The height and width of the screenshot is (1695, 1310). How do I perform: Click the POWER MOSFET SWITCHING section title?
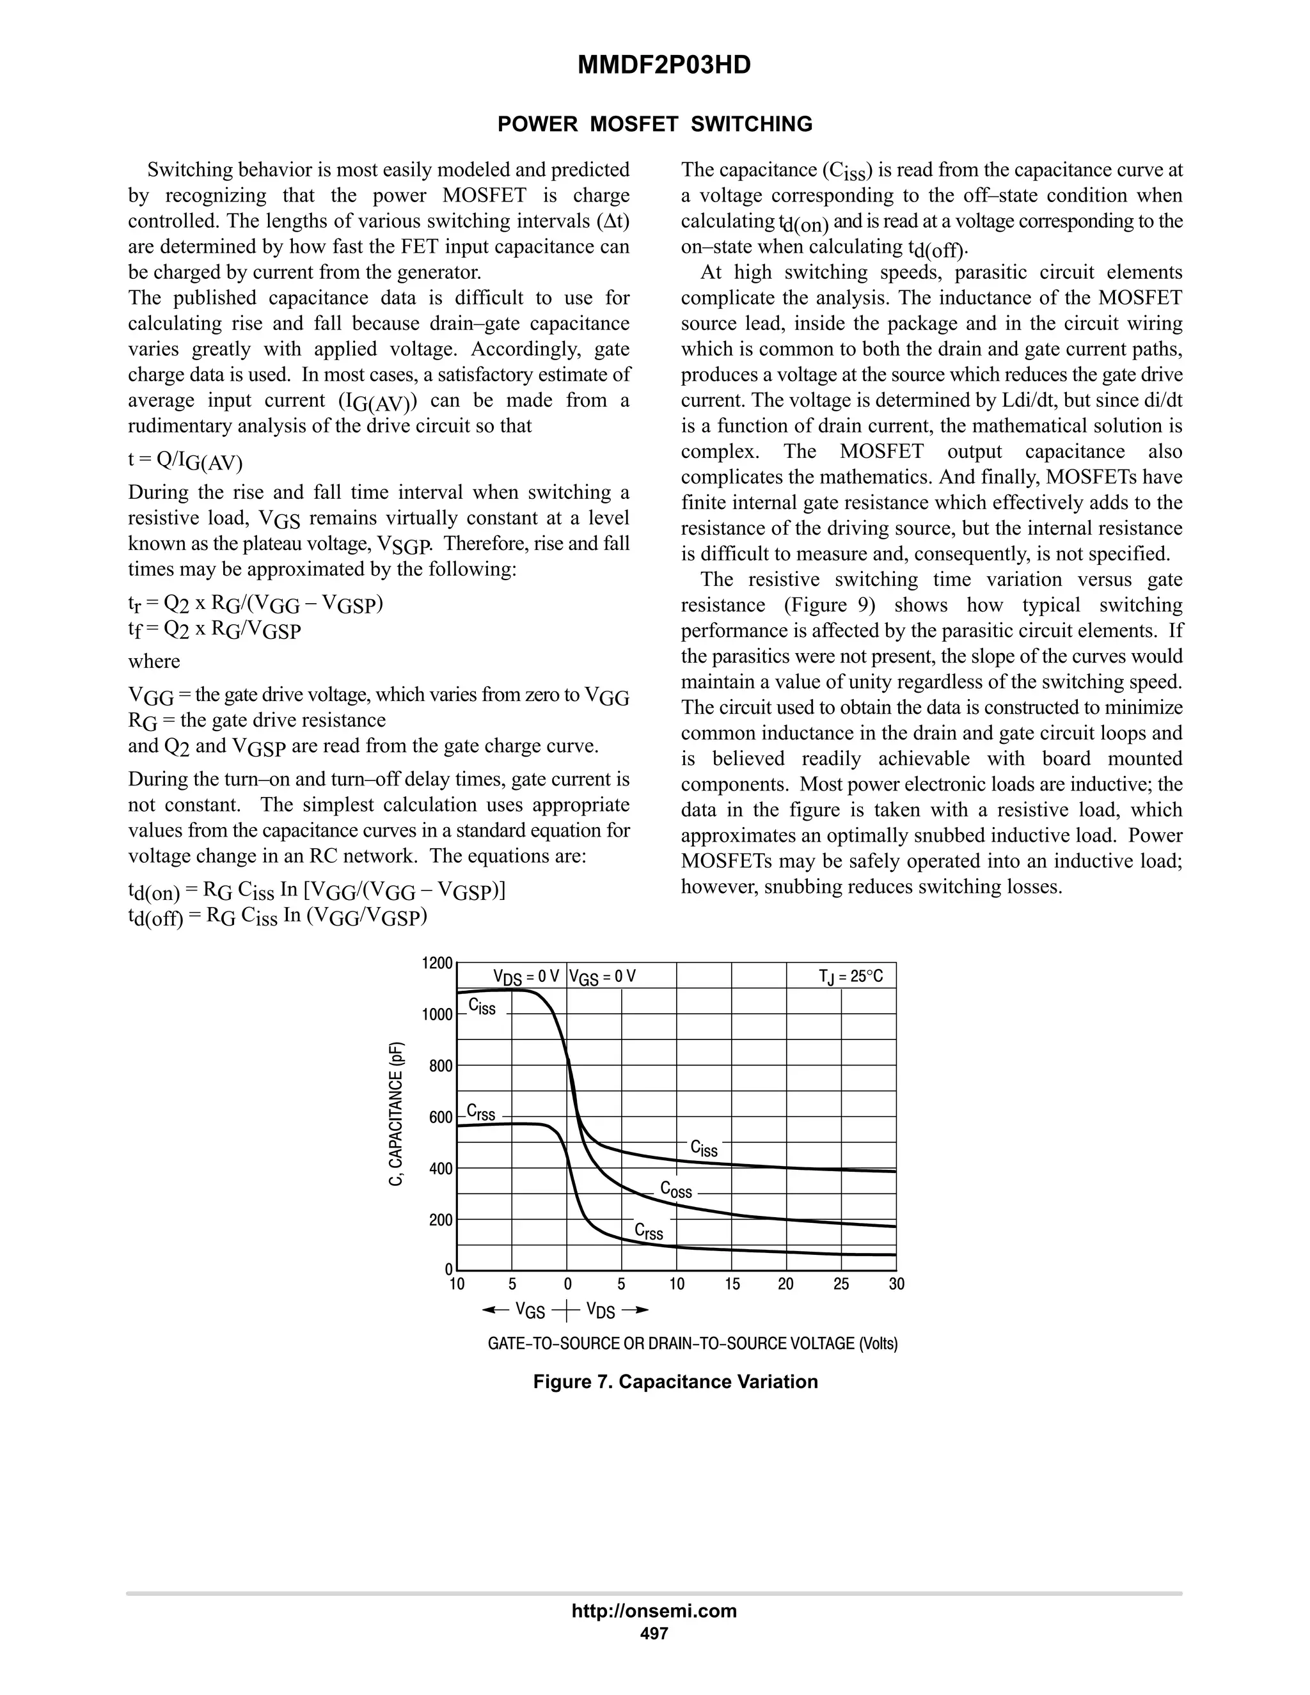point(654,124)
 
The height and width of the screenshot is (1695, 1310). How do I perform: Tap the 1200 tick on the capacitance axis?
point(437,963)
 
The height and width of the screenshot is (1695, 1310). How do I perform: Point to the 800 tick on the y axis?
point(441,1066)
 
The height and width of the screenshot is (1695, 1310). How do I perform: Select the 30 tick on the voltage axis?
point(896,1284)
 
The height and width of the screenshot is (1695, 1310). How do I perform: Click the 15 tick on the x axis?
point(732,1284)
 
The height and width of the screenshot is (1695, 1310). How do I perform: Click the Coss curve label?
point(676,1189)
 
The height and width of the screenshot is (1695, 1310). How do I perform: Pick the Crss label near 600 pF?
point(480,1113)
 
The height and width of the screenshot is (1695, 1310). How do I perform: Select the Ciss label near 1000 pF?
point(482,1007)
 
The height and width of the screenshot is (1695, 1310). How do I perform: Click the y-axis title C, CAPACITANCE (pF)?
point(397,1114)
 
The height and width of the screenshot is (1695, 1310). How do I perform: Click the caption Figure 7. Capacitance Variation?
point(675,1382)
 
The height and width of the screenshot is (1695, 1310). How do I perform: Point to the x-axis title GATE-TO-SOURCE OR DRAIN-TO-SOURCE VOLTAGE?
point(692,1343)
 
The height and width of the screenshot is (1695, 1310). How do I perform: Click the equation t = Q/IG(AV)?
point(185,461)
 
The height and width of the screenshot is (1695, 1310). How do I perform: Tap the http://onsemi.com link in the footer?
point(654,1611)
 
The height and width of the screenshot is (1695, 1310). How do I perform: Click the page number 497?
point(654,1633)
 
